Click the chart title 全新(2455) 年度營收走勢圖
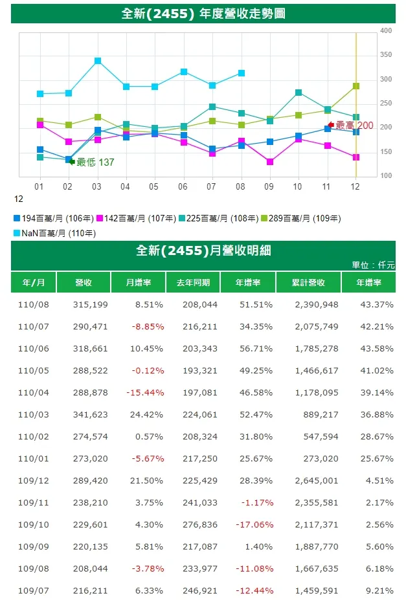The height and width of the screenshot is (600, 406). click(x=203, y=14)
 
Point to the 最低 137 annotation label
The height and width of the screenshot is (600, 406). click(x=95, y=162)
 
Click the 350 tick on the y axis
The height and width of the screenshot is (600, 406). click(x=386, y=55)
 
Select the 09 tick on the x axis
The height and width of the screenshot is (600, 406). click(x=269, y=186)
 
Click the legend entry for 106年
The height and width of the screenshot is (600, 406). click(x=54, y=218)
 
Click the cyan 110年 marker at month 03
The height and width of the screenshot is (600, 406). click(x=98, y=61)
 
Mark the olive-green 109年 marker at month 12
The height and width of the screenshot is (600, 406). click(x=356, y=86)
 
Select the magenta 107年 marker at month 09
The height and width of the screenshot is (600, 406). click(x=269, y=162)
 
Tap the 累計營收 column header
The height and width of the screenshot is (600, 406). click(x=308, y=283)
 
